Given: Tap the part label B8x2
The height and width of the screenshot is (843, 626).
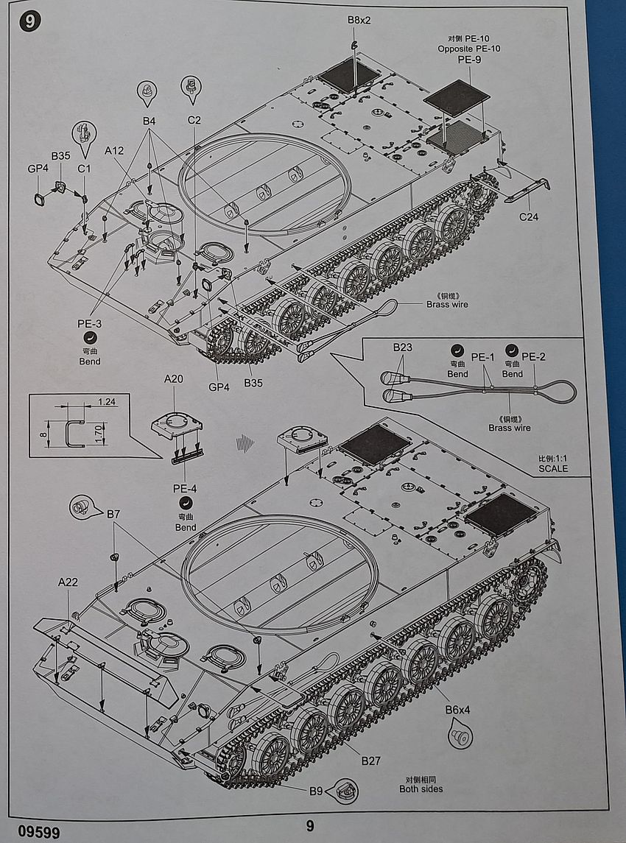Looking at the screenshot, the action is pos(359,19).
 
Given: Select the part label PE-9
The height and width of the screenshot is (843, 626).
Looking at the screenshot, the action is pos(469,60).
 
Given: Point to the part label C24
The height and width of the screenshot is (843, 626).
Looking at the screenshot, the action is pos(530,216).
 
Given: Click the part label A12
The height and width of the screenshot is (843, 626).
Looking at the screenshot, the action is pos(114,151).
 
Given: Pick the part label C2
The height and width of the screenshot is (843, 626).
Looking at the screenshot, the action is pos(194,120).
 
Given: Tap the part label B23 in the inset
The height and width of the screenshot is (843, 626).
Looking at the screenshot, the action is pos(402,347).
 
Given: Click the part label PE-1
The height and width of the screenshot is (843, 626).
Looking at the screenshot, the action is pos(483,357).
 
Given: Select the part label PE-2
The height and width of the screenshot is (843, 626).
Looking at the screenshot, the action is pos(533,357).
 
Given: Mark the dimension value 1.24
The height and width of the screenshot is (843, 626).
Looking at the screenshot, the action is pos(106,401).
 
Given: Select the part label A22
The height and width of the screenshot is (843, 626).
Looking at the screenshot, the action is pos(68,582).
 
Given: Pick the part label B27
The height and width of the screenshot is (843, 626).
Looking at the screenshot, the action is pos(370,761).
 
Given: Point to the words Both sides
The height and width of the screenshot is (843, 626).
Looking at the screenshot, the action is pos(421,789).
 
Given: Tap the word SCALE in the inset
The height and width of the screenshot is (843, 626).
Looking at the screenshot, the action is pos(553,468).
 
